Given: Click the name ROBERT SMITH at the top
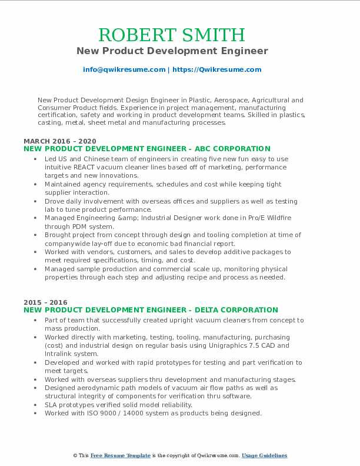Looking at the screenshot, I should point(172,35).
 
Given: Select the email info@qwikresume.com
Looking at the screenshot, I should point(124,69).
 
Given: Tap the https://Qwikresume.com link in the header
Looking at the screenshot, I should point(216,69).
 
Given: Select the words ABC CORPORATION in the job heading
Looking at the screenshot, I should point(233,149).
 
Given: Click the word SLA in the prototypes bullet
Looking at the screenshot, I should point(51,405).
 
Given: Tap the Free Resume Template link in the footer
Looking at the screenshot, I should point(121,455).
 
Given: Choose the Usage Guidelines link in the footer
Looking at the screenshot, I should point(264,455).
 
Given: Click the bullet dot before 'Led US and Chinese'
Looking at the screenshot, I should point(36,159).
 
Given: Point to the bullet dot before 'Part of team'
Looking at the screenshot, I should point(36,321).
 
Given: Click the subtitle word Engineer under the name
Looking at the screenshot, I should point(244,51).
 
